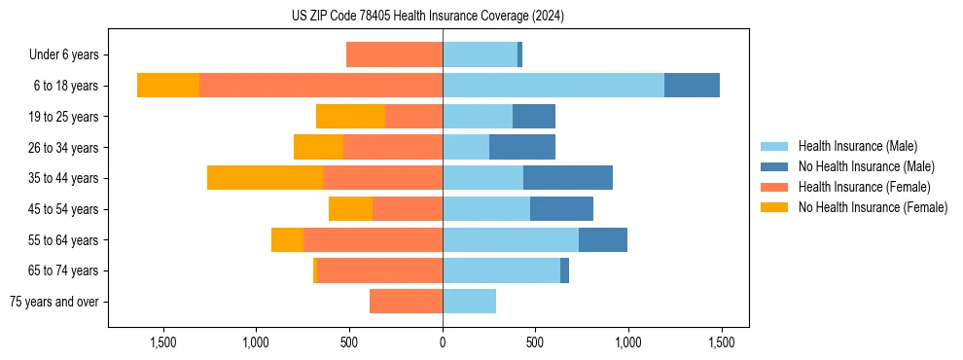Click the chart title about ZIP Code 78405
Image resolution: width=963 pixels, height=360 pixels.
tap(428, 17)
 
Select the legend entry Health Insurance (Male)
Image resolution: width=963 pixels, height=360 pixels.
tap(856, 146)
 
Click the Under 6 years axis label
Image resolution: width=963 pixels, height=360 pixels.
tap(69, 55)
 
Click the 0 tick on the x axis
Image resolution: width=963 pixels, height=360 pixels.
tap(443, 342)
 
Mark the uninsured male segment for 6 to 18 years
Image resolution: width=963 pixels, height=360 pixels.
tap(692, 86)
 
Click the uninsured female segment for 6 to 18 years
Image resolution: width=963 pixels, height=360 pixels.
tap(168, 86)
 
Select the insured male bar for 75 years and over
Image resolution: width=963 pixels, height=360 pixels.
tap(469, 302)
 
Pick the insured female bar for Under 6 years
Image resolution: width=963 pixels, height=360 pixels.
tap(394, 55)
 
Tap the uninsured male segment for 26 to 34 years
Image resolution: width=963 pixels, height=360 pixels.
tap(522, 147)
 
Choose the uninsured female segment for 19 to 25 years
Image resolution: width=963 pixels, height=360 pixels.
tap(350, 117)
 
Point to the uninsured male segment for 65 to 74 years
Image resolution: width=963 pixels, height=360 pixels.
tap(564, 270)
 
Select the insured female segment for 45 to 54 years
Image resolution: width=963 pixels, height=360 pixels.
tap(408, 209)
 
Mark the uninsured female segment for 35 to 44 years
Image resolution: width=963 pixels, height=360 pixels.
tap(265, 178)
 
